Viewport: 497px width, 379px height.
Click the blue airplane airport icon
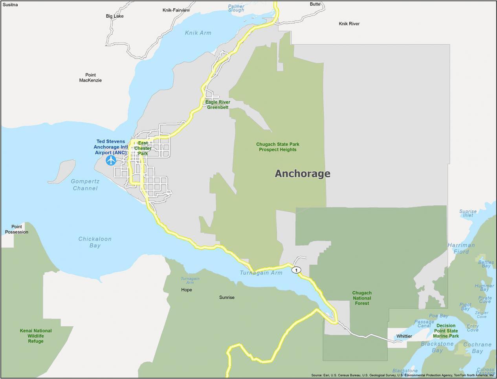tap(111, 160)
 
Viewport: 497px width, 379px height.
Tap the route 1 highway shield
tap(296, 270)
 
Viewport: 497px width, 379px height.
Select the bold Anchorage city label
tap(302, 174)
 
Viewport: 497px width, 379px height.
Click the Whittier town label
tap(404, 336)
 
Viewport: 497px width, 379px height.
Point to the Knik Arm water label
tap(198, 33)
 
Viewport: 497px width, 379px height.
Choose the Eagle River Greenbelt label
tap(218, 105)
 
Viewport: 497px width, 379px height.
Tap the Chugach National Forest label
tap(361, 298)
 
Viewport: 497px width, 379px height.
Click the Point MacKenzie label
tap(90, 78)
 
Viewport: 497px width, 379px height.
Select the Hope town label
tap(187, 290)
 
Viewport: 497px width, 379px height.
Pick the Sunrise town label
tap(227, 298)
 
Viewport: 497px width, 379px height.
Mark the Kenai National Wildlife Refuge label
tap(36, 336)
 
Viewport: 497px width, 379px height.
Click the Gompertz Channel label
tap(85, 185)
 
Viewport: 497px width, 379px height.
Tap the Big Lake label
tap(115, 16)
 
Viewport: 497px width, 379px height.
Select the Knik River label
tap(349, 24)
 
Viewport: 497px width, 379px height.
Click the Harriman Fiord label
tap(461, 248)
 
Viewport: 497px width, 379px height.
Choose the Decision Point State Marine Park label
tap(446, 331)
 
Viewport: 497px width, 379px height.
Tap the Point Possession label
tap(17, 229)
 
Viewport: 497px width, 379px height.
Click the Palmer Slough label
tap(236, 8)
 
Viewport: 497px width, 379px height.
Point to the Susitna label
tap(10, 5)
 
